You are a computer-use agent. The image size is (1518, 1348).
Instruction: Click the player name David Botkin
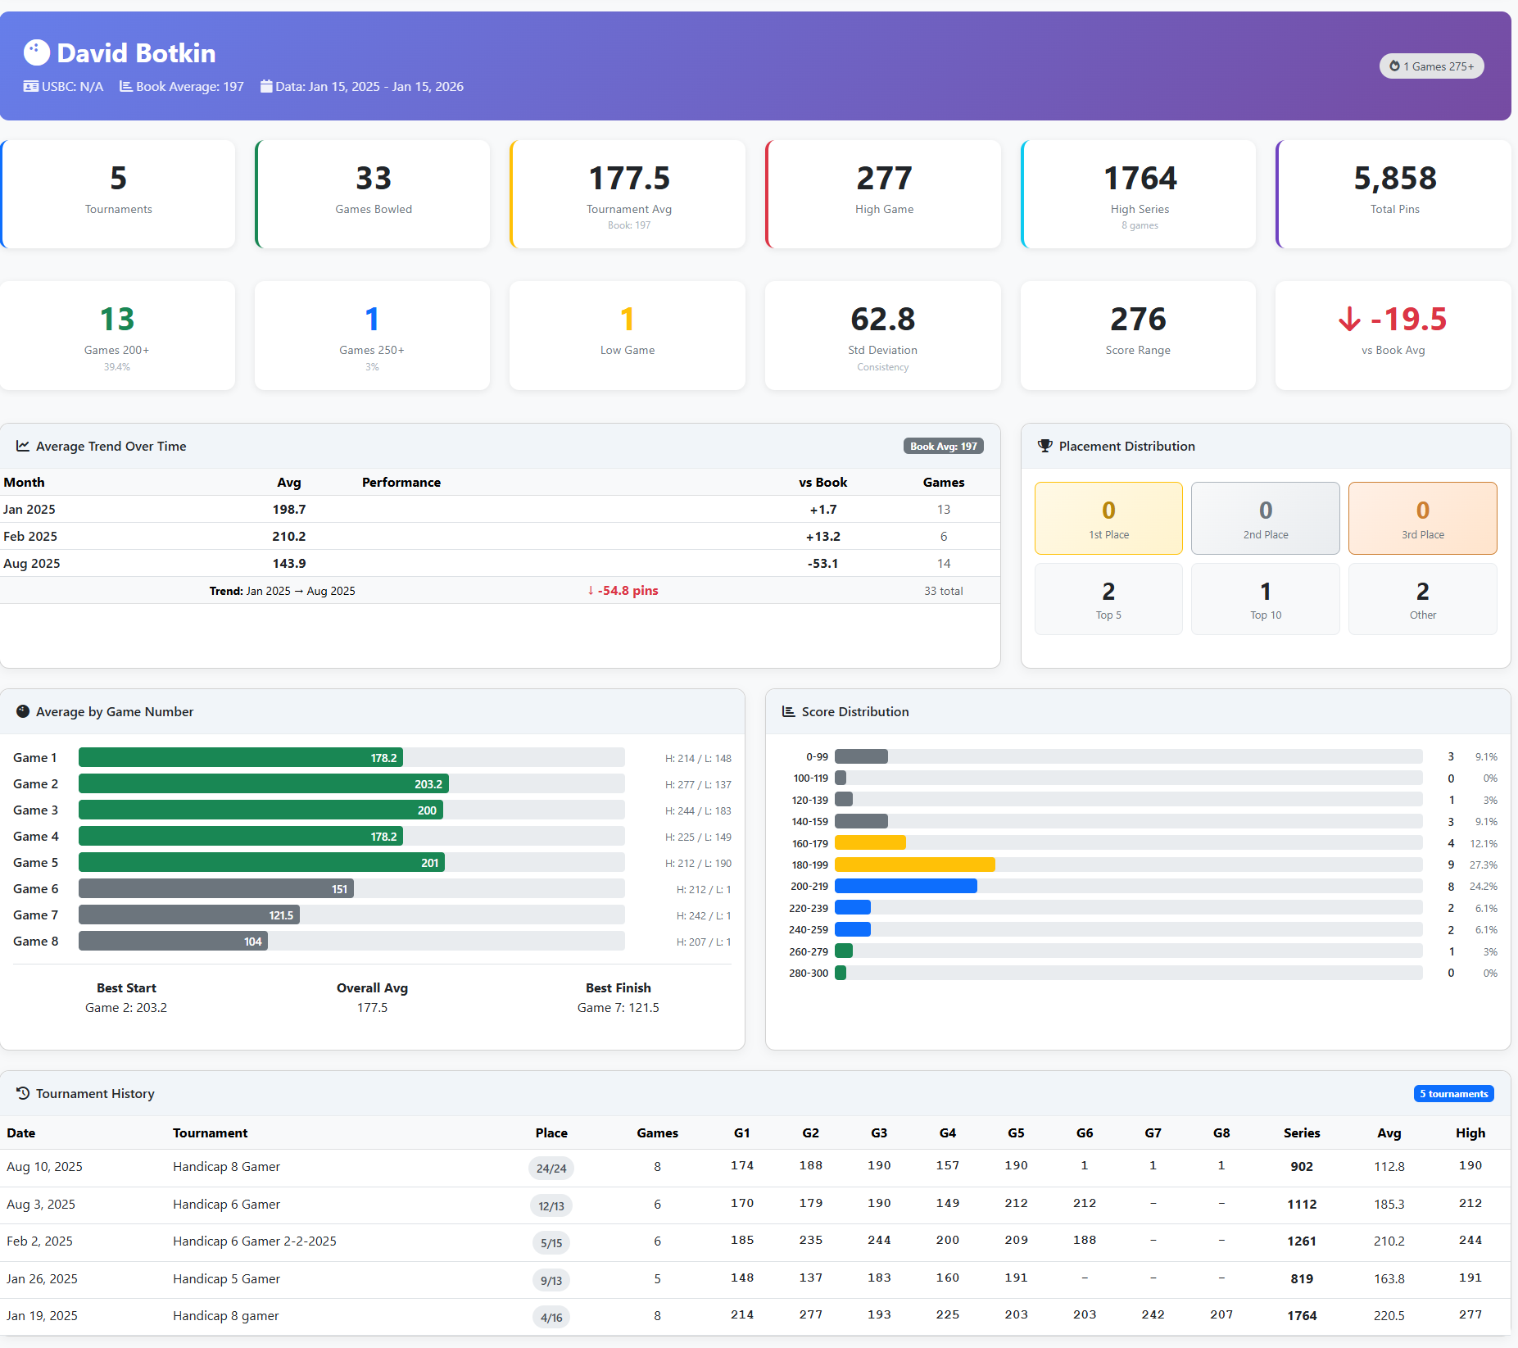(x=136, y=53)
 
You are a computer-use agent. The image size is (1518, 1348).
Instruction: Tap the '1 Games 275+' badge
(x=1431, y=66)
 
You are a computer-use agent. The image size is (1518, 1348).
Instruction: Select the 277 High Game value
(x=884, y=179)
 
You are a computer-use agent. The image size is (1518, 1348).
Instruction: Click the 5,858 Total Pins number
(x=1394, y=179)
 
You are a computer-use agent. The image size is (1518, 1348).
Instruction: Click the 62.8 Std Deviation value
(x=882, y=320)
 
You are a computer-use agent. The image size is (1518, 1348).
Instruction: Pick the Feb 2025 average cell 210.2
(x=288, y=536)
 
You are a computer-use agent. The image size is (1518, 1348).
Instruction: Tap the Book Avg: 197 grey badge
(x=943, y=446)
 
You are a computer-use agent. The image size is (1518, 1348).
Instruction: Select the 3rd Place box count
(x=1422, y=511)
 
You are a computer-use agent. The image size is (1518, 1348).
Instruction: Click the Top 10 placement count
(x=1265, y=592)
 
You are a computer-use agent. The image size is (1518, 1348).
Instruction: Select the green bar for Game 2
(x=263, y=784)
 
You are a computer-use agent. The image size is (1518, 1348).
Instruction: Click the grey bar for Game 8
(x=173, y=942)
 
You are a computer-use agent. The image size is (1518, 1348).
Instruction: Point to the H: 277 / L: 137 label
(x=698, y=785)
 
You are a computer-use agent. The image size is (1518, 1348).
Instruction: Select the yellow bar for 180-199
(x=914, y=865)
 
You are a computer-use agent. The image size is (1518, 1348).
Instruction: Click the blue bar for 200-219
(x=905, y=886)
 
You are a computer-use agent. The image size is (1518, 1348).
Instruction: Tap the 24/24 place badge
(x=551, y=1169)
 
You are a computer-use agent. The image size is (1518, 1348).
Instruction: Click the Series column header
(x=1301, y=1132)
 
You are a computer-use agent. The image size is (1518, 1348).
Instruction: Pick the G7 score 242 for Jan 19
(x=1153, y=1314)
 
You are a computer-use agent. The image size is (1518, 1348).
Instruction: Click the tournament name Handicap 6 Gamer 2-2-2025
(x=254, y=1241)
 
